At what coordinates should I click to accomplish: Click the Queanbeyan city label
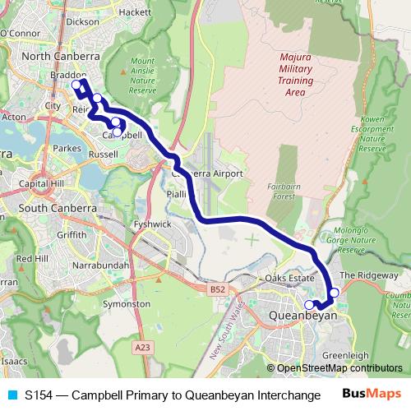[303, 315]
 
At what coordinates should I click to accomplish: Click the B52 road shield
[216, 289]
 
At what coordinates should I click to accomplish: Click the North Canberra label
[61, 56]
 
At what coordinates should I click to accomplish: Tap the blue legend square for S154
[11, 395]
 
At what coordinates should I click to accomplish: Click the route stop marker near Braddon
[76, 84]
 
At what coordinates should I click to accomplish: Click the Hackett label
[134, 12]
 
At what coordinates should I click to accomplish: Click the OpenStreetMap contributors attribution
[339, 367]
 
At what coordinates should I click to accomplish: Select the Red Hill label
[32, 258]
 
